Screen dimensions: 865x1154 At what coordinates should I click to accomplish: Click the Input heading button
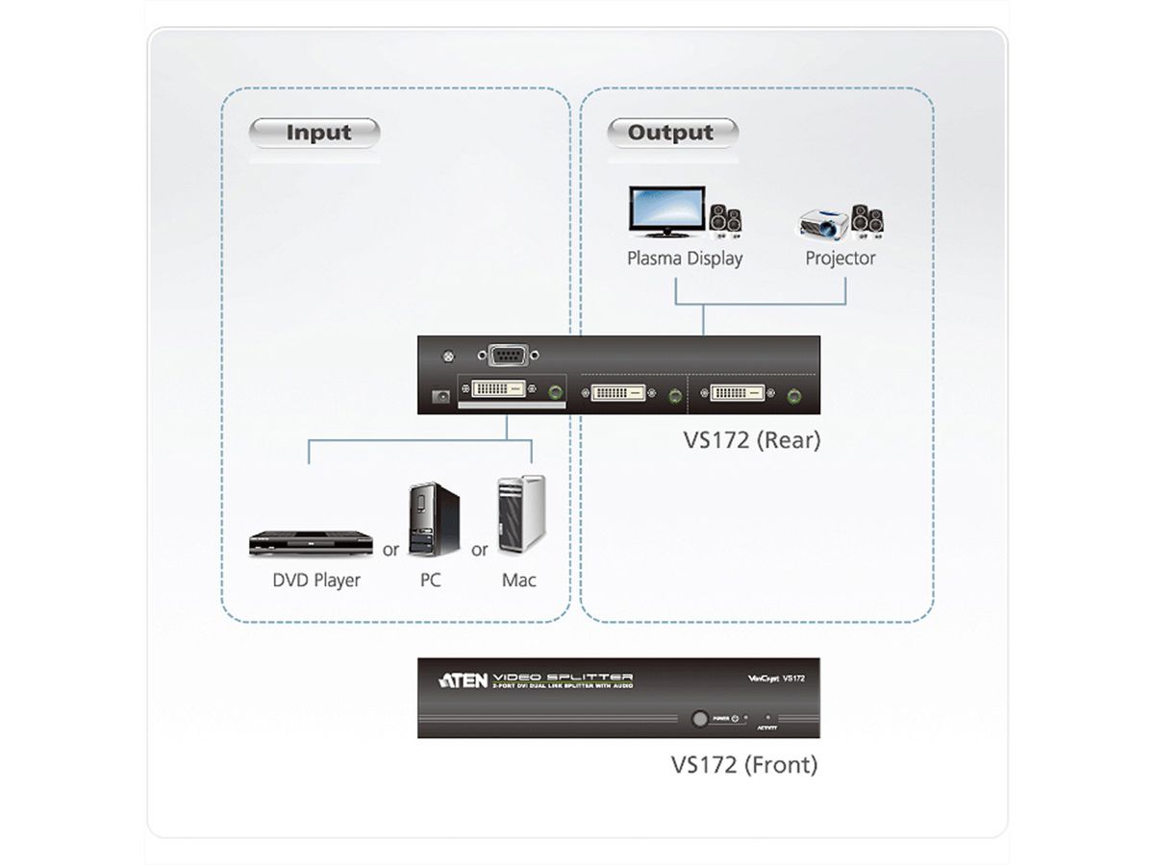[316, 133]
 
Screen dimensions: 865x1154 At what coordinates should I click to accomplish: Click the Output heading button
[671, 133]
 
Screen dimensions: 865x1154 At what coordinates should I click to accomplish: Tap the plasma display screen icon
[666, 211]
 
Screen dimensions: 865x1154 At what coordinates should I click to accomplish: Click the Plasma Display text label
[685, 259]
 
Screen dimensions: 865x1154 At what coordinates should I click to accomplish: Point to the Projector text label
[840, 259]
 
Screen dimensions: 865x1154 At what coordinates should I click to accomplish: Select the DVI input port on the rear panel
[499, 391]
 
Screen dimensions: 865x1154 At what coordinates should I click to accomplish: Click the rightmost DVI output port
[739, 393]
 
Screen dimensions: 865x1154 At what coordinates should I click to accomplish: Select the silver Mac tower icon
[520, 516]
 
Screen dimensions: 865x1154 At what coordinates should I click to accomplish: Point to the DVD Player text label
[316, 580]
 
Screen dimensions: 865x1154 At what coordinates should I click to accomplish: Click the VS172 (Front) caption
[743, 765]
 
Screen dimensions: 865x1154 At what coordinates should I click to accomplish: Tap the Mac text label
[519, 580]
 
